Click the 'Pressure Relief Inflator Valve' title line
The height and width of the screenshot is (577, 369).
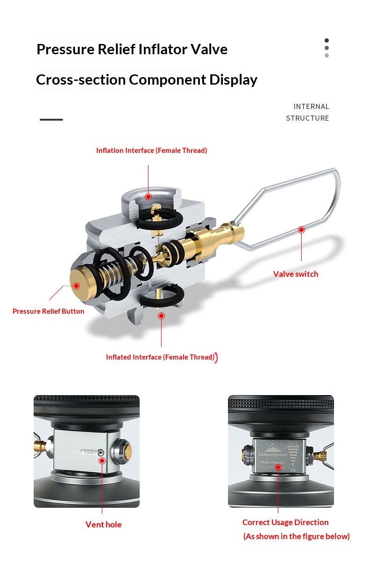[x=132, y=49]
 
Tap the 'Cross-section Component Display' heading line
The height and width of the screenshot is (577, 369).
[x=146, y=79]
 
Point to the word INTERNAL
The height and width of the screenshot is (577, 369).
[x=311, y=107]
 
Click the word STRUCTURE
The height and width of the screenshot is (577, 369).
[x=307, y=118]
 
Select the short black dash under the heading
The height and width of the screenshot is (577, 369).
[x=51, y=120]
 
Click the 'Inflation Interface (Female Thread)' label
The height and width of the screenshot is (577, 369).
[x=151, y=151]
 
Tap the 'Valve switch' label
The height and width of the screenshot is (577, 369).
[x=296, y=274]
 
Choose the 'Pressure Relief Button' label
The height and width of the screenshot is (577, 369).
[x=49, y=311]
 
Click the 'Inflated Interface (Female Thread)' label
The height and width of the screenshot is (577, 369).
[x=160, y=357]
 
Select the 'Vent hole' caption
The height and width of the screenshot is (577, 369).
[x=103, y=525]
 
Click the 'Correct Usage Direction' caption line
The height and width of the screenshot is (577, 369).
[x=285, y=522]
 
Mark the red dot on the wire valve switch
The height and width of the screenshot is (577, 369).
[x=301, y=230]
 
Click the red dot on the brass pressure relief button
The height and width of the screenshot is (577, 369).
[x=76, y=286]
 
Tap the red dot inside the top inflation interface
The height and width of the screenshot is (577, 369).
[x=148, y=196]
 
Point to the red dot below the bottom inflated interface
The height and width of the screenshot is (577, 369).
[x=161, y=316]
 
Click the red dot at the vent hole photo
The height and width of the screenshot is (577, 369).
[x=102, y=461]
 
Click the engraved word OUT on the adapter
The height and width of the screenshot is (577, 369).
[x=293, y=443]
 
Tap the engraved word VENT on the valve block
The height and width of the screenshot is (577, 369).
[x=90, y=452]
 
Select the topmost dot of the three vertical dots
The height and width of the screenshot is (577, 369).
[x=326, y=40]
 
